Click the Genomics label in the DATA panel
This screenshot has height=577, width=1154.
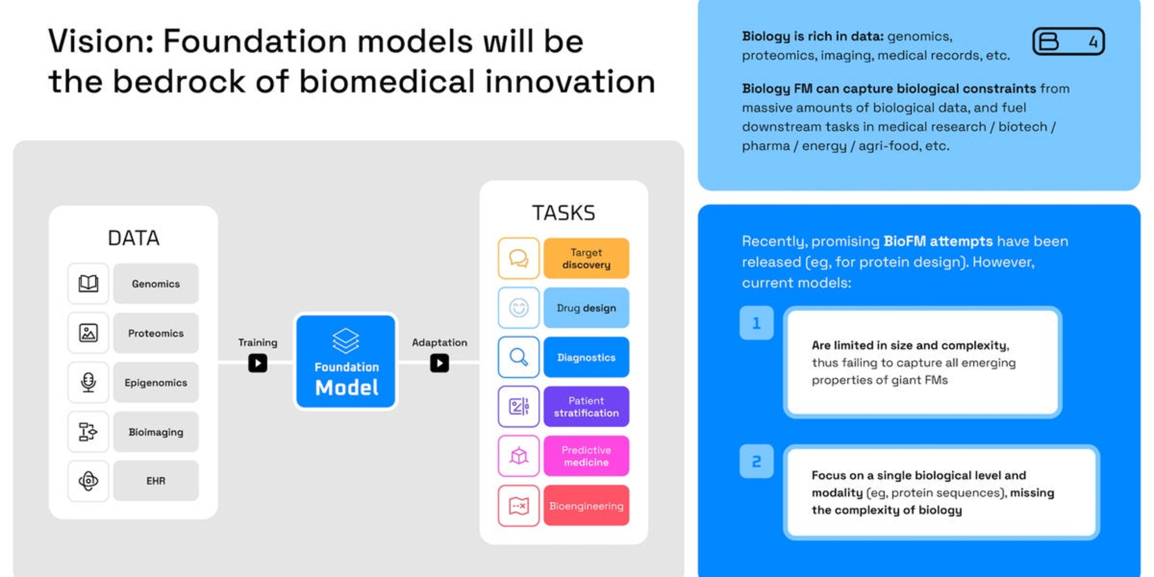155,284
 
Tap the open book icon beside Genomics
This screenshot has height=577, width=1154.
88,284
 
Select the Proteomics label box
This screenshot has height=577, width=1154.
155,333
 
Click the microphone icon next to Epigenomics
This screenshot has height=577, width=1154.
88,382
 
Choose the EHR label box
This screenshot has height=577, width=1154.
155,481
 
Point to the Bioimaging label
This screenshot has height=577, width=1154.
155,432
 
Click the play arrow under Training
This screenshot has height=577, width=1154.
257,363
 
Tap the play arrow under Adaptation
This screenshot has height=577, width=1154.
439,363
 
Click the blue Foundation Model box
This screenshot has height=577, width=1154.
346,361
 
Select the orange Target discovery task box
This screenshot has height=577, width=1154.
586,258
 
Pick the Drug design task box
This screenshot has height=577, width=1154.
586,307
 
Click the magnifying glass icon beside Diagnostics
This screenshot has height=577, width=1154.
518,357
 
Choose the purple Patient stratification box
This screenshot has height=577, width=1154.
586,406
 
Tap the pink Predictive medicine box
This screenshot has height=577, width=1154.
586,456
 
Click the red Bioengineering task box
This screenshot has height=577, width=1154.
586,505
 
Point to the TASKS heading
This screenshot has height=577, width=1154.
563,213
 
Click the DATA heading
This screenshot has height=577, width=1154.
133,238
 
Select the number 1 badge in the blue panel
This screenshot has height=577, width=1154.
756,323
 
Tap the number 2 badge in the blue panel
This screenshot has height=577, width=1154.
756,461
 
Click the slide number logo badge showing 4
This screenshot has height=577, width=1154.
1068,41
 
